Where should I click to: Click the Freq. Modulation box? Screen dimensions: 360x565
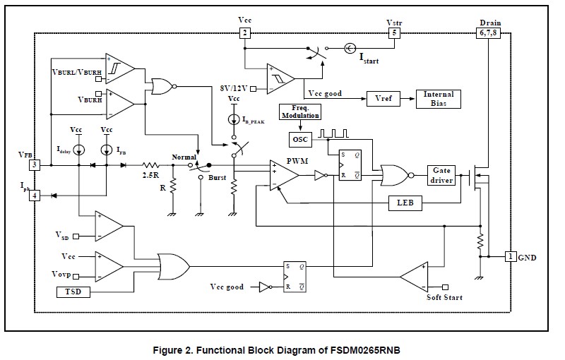[x=300, y=112]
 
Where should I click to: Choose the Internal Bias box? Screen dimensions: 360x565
[x=438, y=99]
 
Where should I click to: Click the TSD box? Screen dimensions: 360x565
[x=73, y=292]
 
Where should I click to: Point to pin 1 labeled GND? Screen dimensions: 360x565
[x=510, y=258]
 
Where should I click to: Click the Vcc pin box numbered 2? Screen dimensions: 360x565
[x=244, y=32]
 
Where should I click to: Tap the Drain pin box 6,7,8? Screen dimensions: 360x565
[x=489, y=32]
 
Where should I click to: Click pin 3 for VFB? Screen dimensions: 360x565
[x=34, y=164]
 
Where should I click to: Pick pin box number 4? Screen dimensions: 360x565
[x=34, y=195]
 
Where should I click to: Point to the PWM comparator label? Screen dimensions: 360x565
[x=296, y=160]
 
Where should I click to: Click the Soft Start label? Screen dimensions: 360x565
[x=445, y=298]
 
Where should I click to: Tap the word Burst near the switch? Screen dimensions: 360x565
[x=218, y=177]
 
